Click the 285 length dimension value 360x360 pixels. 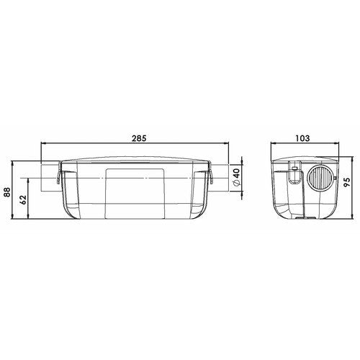(x=139, y=138)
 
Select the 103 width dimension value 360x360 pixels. (x=302, y=138)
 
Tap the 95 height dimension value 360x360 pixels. (x=347, y=182)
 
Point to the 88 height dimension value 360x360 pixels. (x=8, y=192)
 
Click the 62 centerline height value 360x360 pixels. (x=22, y=199)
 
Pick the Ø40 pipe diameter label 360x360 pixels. (x=236, y=177)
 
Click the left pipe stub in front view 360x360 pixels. (x=50, y=178)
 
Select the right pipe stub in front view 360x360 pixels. (x=220, y=178)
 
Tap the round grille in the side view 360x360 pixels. (x=320, y=178)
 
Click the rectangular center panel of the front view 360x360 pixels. (x=135, y=194)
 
